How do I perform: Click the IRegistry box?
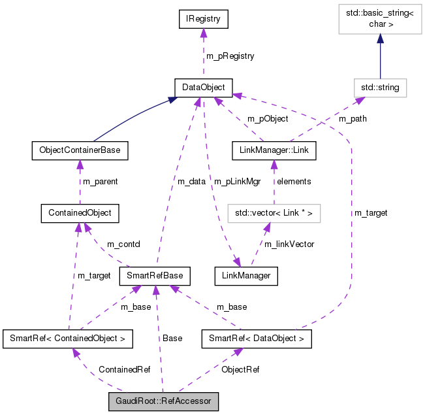tap(203, 20)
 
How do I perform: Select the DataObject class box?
tap(203, 87)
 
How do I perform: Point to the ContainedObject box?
tap(79, 212)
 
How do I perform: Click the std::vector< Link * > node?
tap(274, 212)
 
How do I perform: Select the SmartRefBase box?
tap(154, 276)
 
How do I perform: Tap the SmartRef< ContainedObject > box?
tap(68, 339)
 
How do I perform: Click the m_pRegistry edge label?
tap(230, 56)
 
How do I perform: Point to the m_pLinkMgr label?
tap(238, 181)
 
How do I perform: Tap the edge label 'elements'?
tap(294, 181)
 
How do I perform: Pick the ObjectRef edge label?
tap(241, 369)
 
